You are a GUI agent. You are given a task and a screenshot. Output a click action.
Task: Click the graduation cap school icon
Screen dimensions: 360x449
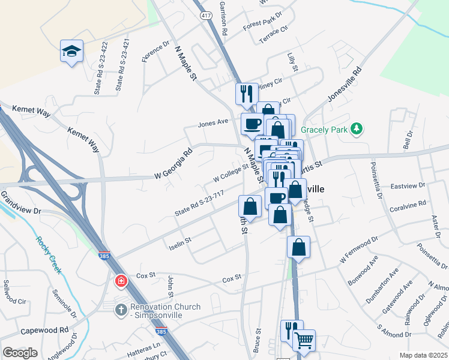71,52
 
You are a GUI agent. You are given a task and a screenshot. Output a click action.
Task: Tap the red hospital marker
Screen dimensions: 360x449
121,281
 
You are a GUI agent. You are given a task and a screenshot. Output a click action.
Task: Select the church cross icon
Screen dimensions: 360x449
121,308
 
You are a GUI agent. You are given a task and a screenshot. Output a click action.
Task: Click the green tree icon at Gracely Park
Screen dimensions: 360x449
357,128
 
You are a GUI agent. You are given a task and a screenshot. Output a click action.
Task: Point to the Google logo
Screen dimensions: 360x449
20,352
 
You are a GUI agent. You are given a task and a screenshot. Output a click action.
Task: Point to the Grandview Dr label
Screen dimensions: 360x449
20,203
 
